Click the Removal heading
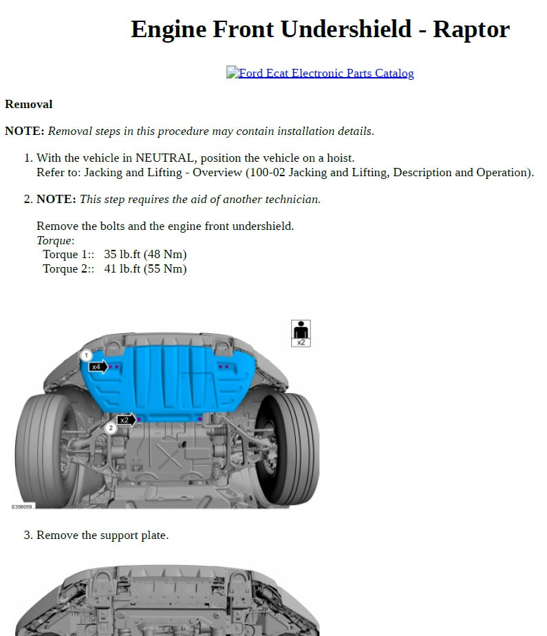coord(28,105)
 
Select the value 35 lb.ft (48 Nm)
coord(145,255)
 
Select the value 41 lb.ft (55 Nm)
coord(145,269)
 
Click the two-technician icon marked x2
coord(301,332)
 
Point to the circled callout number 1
coord(86,355)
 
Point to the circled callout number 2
coord(111,428)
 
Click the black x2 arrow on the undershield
coord(125,419)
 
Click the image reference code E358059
coord(22,507)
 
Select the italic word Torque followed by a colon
coord(55,241)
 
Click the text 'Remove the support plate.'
coord(103,536)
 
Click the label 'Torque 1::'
coord(68,255)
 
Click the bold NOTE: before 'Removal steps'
coord(25,131)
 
